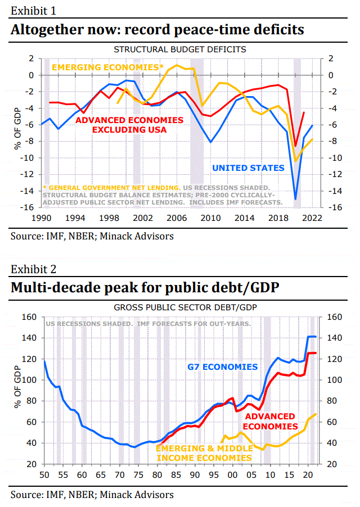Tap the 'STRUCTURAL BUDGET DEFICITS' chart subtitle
pyautogui.click(x=180, y=49)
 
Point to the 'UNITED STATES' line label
pyautogui.click(x=248, y=168)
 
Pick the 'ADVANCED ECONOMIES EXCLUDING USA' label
pyautogui.click(x=129, y=125)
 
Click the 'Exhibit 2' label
pyautogui.click(x=33, y=270)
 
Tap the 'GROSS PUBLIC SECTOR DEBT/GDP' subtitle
pyautogui.click(x=180, y=307)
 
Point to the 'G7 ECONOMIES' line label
pyautogui.click(x=222, y=367)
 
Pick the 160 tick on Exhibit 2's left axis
pyautogui.click(x=27, y=317)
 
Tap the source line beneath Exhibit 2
pyautogui.click(x=92, y=495)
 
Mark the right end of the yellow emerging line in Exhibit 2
pyautogui.click(x=316, y=414)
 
